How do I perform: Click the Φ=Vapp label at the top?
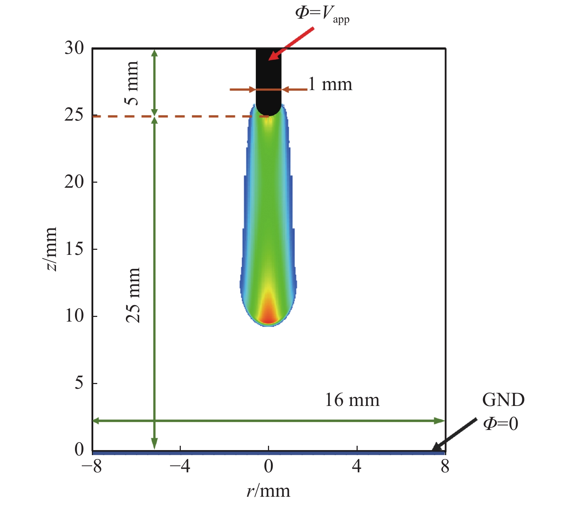322,14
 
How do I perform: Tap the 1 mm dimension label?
330,85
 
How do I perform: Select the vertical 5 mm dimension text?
132,83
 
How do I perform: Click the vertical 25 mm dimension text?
133,295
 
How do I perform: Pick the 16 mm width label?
352,400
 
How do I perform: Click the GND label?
503,400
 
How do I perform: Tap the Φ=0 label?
501,424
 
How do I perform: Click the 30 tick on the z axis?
74,48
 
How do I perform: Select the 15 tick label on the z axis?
74,249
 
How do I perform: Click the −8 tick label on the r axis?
91,467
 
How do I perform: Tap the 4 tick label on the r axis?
357,467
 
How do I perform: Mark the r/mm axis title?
268,491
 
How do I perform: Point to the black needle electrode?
268,79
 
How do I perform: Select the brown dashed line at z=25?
179,117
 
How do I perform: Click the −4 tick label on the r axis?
180,467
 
